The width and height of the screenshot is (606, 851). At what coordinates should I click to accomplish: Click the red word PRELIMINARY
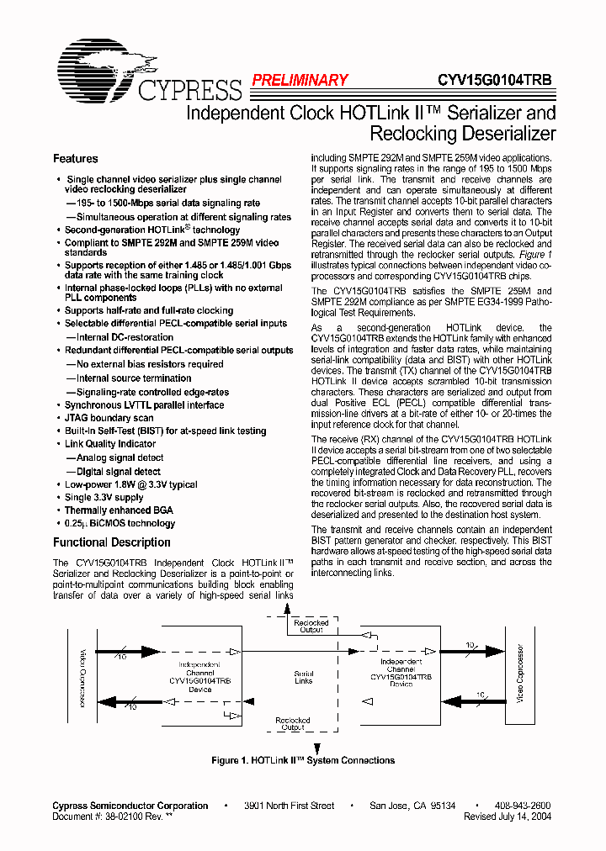point(300,81)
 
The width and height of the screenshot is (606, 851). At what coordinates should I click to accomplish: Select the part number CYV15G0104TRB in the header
point(495,81)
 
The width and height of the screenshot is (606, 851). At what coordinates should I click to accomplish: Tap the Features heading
point(76,159)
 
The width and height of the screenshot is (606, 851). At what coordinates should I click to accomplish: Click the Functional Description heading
point(112,542)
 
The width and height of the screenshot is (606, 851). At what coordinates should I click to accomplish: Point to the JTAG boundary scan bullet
point(109,418)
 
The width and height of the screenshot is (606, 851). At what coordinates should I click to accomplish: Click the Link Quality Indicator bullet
point(110,444)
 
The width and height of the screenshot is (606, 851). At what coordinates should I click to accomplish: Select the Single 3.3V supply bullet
point(104,498)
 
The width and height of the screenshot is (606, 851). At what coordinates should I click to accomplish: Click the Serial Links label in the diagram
point(304,677)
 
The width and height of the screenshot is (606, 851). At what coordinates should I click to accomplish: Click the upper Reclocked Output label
point(311,626)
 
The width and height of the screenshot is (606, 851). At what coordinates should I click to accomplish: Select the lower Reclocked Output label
point(293,724)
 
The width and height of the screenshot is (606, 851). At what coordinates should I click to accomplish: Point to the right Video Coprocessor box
point(519,677)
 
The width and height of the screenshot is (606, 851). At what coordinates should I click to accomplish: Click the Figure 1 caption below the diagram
point(303,760)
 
